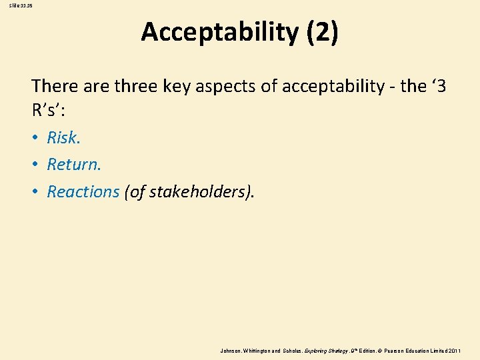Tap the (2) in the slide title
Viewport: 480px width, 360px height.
tap(322, 33)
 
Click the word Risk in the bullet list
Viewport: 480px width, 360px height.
tap(63, 138)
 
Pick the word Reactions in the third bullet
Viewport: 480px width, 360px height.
tap(83, 192)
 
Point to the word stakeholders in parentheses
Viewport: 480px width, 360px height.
tap(197, 192)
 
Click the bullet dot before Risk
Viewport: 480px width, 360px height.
tap(35, 139)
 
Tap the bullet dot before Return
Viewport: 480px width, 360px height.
tap(35, 165)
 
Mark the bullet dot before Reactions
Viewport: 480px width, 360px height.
tap(35, 193)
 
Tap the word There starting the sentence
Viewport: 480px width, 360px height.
tap(53, 86)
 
